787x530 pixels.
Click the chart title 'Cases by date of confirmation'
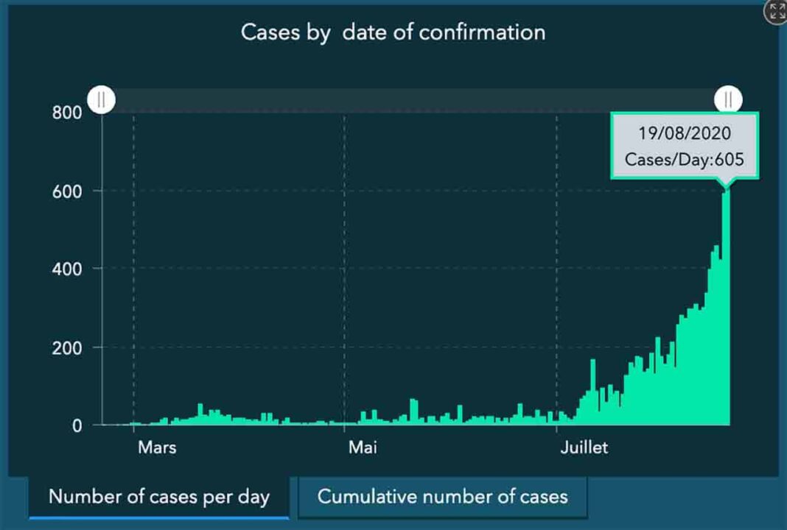[x=393, y=32]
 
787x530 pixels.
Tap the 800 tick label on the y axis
[x=66, y=113]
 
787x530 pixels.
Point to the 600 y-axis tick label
[x=66, y=191]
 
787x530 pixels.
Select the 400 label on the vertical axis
[x=66, y=269]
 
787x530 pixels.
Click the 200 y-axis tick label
[x=66, y=347]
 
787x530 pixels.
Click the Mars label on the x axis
[x=157, y=447]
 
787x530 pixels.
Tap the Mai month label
[x=363, y=447]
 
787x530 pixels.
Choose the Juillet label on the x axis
[x=584, y=447]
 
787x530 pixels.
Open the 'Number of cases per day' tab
[x=159, y=496]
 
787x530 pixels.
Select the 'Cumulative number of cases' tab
[x=442, y=496]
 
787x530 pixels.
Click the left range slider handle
[x=102, y=99]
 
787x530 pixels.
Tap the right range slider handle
[x=728, y=99]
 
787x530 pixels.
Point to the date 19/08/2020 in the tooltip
[x=685, y=134]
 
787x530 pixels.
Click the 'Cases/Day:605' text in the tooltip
[x=685, y=159]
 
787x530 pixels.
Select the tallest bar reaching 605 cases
[x=726, y=309]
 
